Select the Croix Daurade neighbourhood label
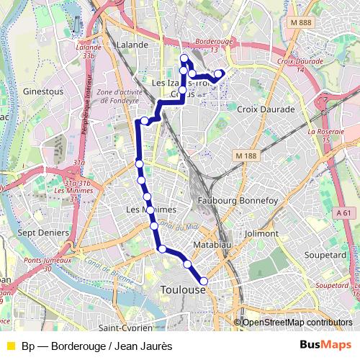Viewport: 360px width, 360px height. click(x=266, y=109)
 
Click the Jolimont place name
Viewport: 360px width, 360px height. click(x=261, y=233)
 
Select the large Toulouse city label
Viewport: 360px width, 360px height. click(x=184, y=289)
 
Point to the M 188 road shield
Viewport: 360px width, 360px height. click(x=247, y=155)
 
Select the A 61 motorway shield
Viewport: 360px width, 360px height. click(x=346, y=212)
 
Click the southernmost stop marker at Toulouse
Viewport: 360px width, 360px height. click(x=204, y=282)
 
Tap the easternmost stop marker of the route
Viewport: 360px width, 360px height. click(x=218, y=73)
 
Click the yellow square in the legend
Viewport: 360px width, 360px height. click(x=11, y=346)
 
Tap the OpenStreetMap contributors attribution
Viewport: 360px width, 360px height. click(x=297, y=323)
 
